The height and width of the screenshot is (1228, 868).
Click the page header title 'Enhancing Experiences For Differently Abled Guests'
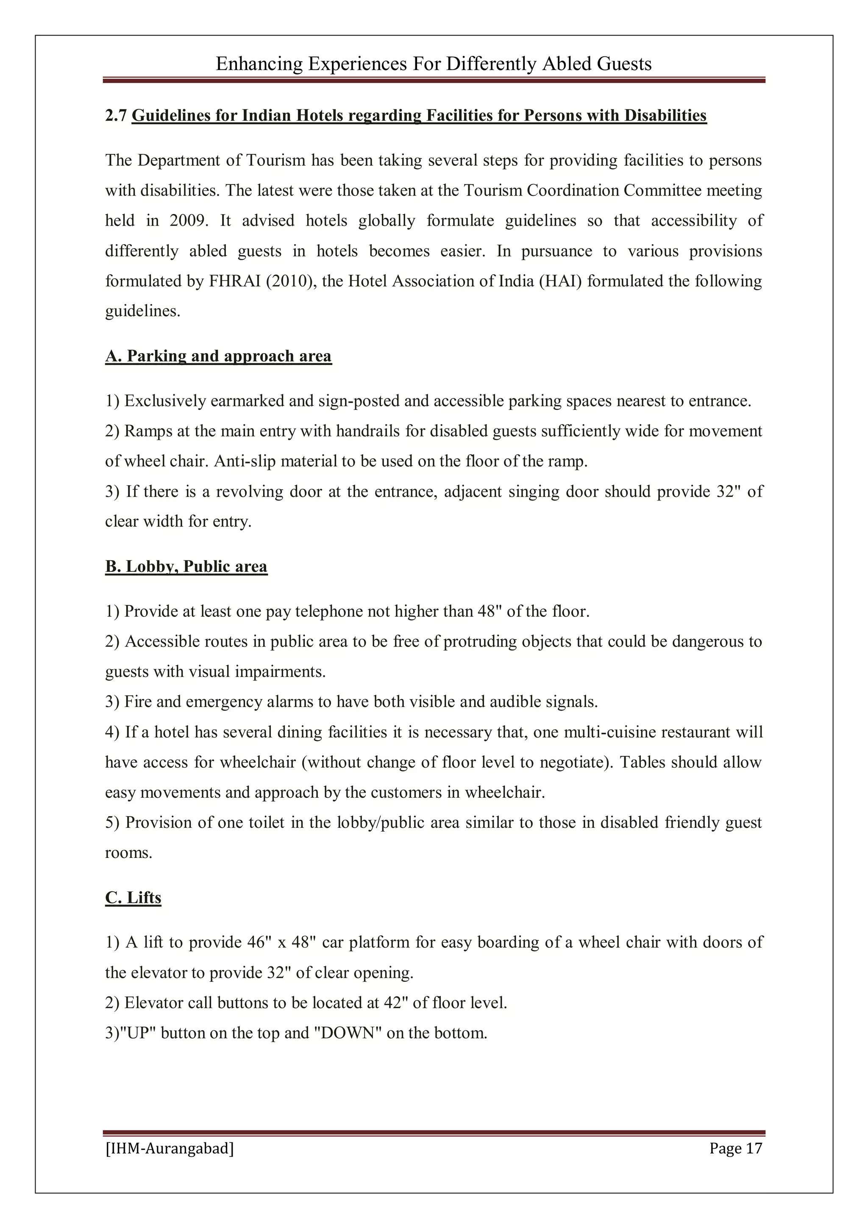coord(434,64)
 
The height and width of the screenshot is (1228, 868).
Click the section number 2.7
coord(116,116)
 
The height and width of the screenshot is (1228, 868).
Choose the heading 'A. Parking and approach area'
coord(218,356)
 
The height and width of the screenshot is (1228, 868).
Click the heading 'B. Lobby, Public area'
coord(186,566)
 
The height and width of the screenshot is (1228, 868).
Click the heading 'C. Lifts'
coord(133,897)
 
